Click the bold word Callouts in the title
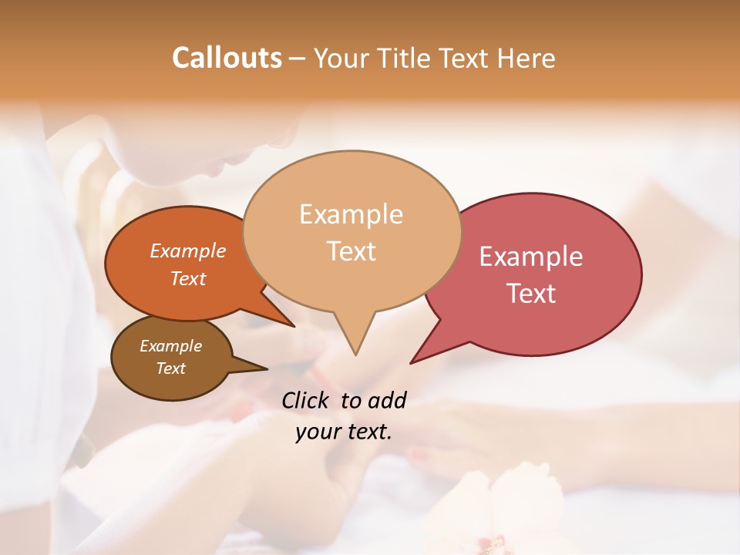[227, 58]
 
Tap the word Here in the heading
[526, 58]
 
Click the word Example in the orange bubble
[187, 251]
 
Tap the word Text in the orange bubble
[187, 278]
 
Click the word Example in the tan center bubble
[351, 214]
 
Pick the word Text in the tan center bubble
[351, 251]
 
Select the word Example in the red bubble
[531, 257]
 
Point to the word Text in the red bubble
[532, 294]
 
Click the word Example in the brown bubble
[170, 346]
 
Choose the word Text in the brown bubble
[170, 368]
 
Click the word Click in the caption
[306, 400]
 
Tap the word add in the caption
[386, 400]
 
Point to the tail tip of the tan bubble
[355, 355]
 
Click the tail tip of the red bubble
[411, 363]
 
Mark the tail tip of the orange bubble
[295, 327]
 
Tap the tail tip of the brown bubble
[267, 368]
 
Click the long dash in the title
[298, 59]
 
